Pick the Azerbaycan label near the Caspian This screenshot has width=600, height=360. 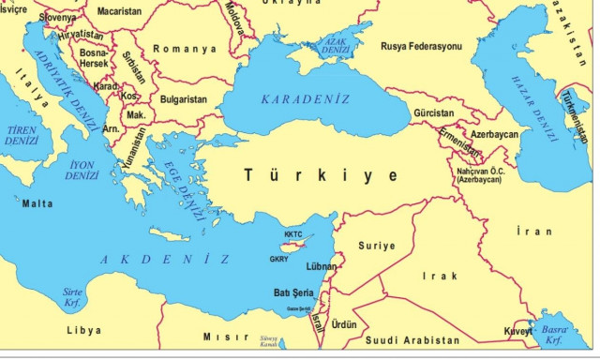(x=494, y=135)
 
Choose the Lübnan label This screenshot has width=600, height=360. (x=322, y=267)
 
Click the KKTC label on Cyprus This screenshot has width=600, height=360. (x=293, y=234)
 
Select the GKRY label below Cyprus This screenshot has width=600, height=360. (x=279, y=258)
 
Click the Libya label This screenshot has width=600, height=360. (x=83, y=330)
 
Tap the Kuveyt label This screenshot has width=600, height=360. (x=516, y=331)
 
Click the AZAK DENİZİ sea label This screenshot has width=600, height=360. (x=335, y=44)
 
